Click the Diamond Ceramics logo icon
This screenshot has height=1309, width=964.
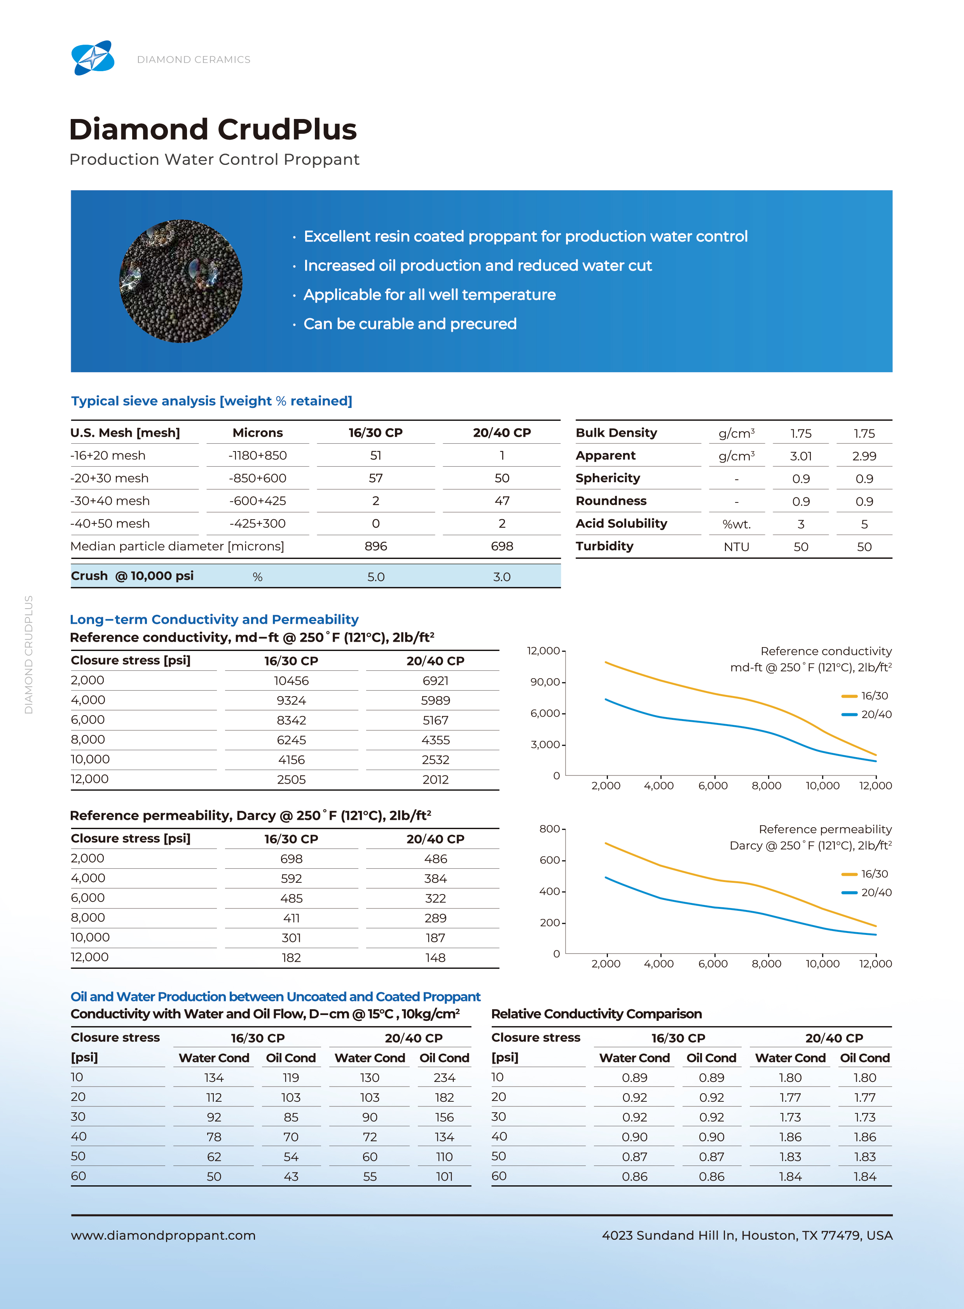point(93,58)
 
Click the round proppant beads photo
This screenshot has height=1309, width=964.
point(181,281)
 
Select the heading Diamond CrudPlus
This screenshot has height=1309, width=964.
point(213,129)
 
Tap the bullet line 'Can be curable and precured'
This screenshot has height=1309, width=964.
point(410,324)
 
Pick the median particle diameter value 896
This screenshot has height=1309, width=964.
point(376,546)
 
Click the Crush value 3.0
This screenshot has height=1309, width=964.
point(502,577)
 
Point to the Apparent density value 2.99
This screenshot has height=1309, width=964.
point(864,456)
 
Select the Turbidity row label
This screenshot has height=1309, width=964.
point(604,546)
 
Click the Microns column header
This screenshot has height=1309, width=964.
point(257,432)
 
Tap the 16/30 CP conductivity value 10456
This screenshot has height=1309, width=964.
point(291,681)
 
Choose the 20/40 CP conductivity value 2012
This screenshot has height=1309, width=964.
point(435,779)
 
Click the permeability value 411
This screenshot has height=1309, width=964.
point(291,918)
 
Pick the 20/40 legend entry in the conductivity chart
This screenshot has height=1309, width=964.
point(866,714)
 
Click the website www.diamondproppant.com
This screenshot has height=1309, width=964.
point(163,1235)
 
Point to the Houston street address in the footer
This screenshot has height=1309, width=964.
point(747,1235)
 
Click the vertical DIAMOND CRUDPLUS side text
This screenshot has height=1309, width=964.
point(29,654)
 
